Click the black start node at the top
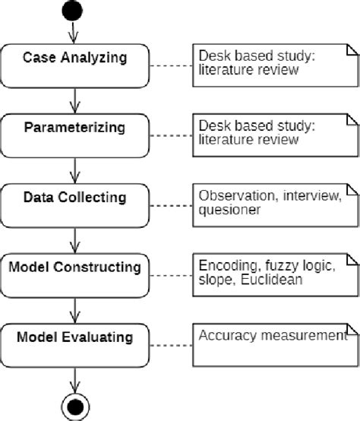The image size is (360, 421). coord(73,11)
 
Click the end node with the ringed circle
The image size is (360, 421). coord(74,407)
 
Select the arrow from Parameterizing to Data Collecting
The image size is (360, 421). coord(74,169)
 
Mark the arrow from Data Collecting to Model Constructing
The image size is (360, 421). coord(74,239)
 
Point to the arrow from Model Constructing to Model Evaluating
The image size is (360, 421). coord(74,309)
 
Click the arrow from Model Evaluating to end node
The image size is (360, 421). coord(74,378)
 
